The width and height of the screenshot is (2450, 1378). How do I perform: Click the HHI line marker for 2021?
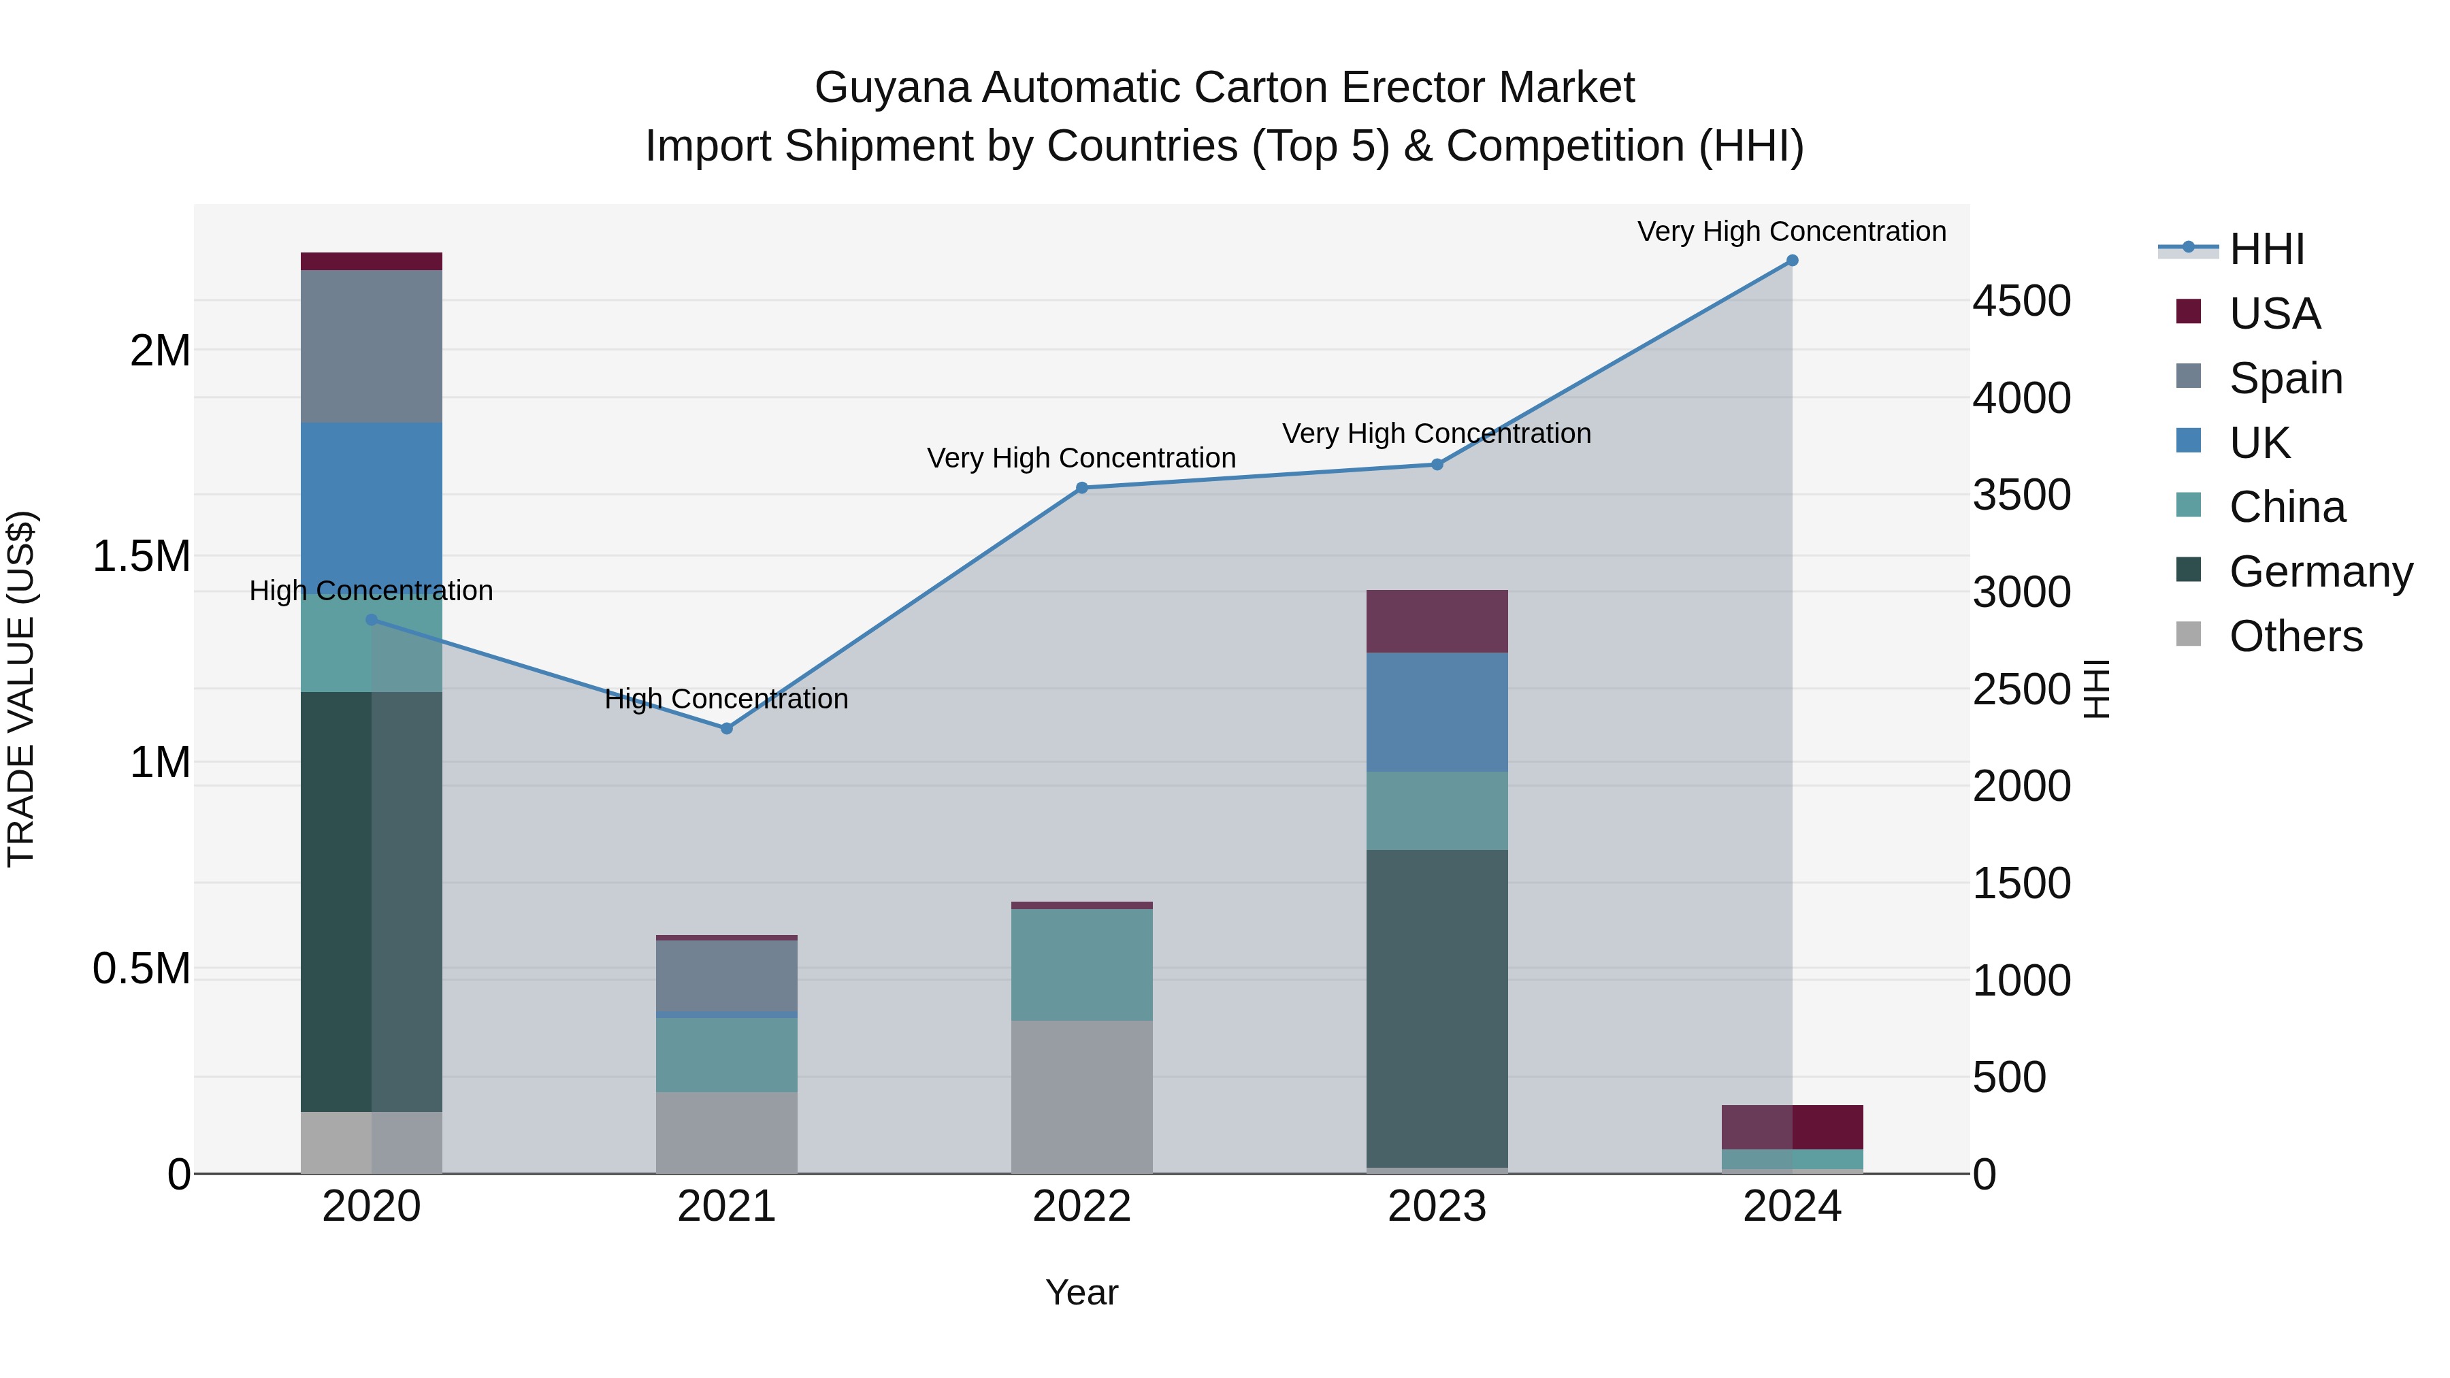[727, 728]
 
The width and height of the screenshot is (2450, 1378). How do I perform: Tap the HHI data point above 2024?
[1792, 261]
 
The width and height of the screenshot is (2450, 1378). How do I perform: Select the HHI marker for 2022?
[1081, 488]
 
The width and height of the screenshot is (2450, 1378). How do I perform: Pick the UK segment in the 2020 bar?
[371, 504]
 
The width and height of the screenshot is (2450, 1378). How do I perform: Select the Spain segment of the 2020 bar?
[371, 346]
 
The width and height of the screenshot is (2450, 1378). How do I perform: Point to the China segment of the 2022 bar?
[1081, 964]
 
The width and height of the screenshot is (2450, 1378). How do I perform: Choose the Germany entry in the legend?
[2321, 572]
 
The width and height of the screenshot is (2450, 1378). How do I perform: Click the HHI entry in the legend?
[2266, 249]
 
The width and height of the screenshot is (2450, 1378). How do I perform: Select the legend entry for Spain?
[2285, 378]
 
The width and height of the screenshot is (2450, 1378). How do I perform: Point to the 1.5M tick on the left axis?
[142, 557]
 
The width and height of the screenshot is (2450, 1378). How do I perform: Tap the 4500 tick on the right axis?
[2021, 301]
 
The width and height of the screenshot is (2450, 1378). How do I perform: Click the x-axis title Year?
[1081, 1292]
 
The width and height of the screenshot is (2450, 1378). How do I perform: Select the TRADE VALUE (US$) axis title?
[21, 689]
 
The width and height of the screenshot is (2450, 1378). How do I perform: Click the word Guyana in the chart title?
[892, 88]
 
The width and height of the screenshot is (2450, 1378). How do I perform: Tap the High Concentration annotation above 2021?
[727, 699]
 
